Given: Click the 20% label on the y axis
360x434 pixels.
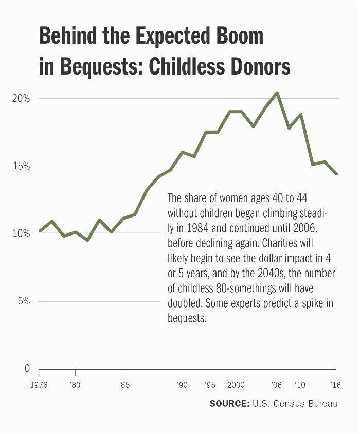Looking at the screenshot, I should [x=21, y=98].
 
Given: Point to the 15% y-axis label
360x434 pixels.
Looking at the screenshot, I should [x=21, y=166].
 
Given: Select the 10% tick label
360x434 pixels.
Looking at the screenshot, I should [x=21, y=233].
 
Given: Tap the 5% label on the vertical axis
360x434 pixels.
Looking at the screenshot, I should [x=23, y=301].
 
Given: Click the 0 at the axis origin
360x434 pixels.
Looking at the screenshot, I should [x=27, y=369].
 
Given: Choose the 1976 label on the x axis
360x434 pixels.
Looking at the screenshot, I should [x=39, y=385].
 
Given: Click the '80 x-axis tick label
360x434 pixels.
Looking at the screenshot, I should [x=75, y=385].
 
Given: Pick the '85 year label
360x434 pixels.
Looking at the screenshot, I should [x=123, y=385].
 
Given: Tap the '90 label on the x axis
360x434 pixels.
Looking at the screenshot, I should [x=182, y=385].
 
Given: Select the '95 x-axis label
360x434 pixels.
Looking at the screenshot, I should [x=210, y=385].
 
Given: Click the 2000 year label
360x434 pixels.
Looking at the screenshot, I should [x=236, y=385].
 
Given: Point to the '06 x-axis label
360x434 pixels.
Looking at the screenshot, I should [x=277, y=385].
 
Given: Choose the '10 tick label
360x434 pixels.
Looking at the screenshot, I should [x=300, y=385].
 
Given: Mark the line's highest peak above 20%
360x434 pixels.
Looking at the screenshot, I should [x=277, y=93].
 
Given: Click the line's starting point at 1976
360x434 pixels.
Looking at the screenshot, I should [x=40, y=231].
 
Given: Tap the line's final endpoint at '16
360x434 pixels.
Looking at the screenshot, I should [x=336, y=174].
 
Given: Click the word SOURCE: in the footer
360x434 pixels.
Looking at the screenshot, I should [x=229, y=404].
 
